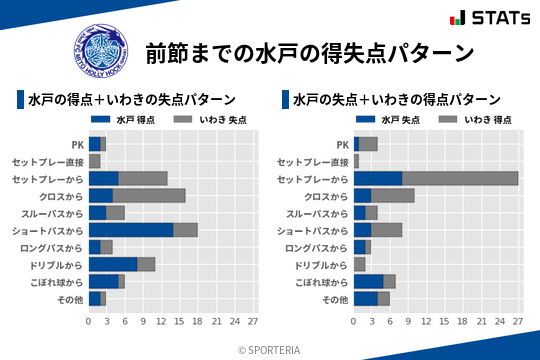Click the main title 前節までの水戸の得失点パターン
point(308,52)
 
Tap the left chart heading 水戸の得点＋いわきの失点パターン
point(132,100)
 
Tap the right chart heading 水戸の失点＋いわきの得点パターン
point(397,100)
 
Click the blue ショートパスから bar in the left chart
point(130,230)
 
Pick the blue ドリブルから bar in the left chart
point(113,264)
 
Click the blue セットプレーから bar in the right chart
point(378,178)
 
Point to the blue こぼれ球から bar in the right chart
point(368,281)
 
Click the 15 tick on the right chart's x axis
point(445,321)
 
